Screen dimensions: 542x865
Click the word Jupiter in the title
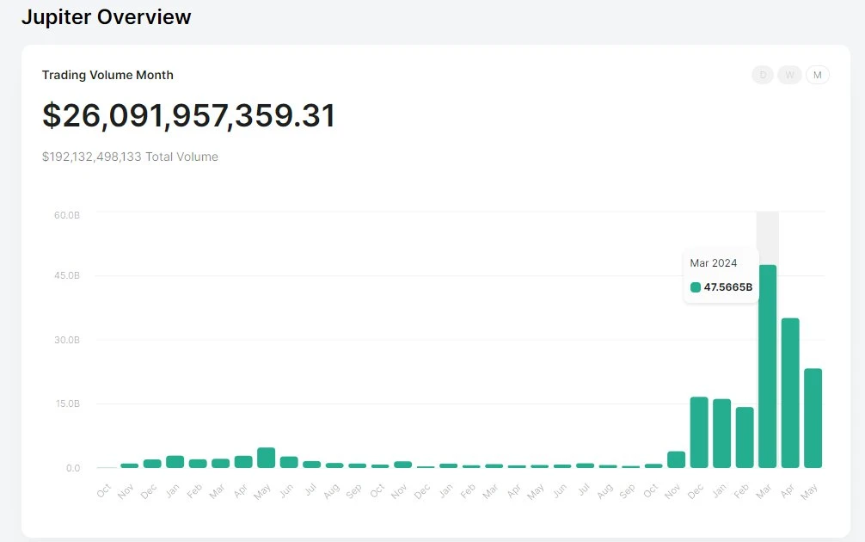click(57, 17)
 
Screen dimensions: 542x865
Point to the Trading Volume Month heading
click(107, 75)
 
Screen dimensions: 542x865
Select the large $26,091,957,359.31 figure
click(188, 116)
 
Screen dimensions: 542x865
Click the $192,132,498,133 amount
click(91, 157)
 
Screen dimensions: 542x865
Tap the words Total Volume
click(181, 157)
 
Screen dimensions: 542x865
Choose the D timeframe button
click(762, 75)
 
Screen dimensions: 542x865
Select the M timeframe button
click(817, 75)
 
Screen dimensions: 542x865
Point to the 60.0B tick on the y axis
click(66, 214)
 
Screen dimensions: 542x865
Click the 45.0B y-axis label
click(66, 275)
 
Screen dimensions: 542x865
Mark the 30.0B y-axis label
click(66, 340)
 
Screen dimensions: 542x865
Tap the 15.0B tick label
click(66, 403)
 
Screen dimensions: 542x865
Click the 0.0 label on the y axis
click(72, 468)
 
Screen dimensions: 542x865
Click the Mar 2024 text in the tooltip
click(713, 263)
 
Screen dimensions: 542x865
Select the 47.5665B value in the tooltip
click(727, 287)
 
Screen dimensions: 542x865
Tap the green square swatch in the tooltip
click(696, 287)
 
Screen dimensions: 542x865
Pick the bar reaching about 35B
click(789, 392)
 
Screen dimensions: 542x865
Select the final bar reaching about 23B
click(813, 417)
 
